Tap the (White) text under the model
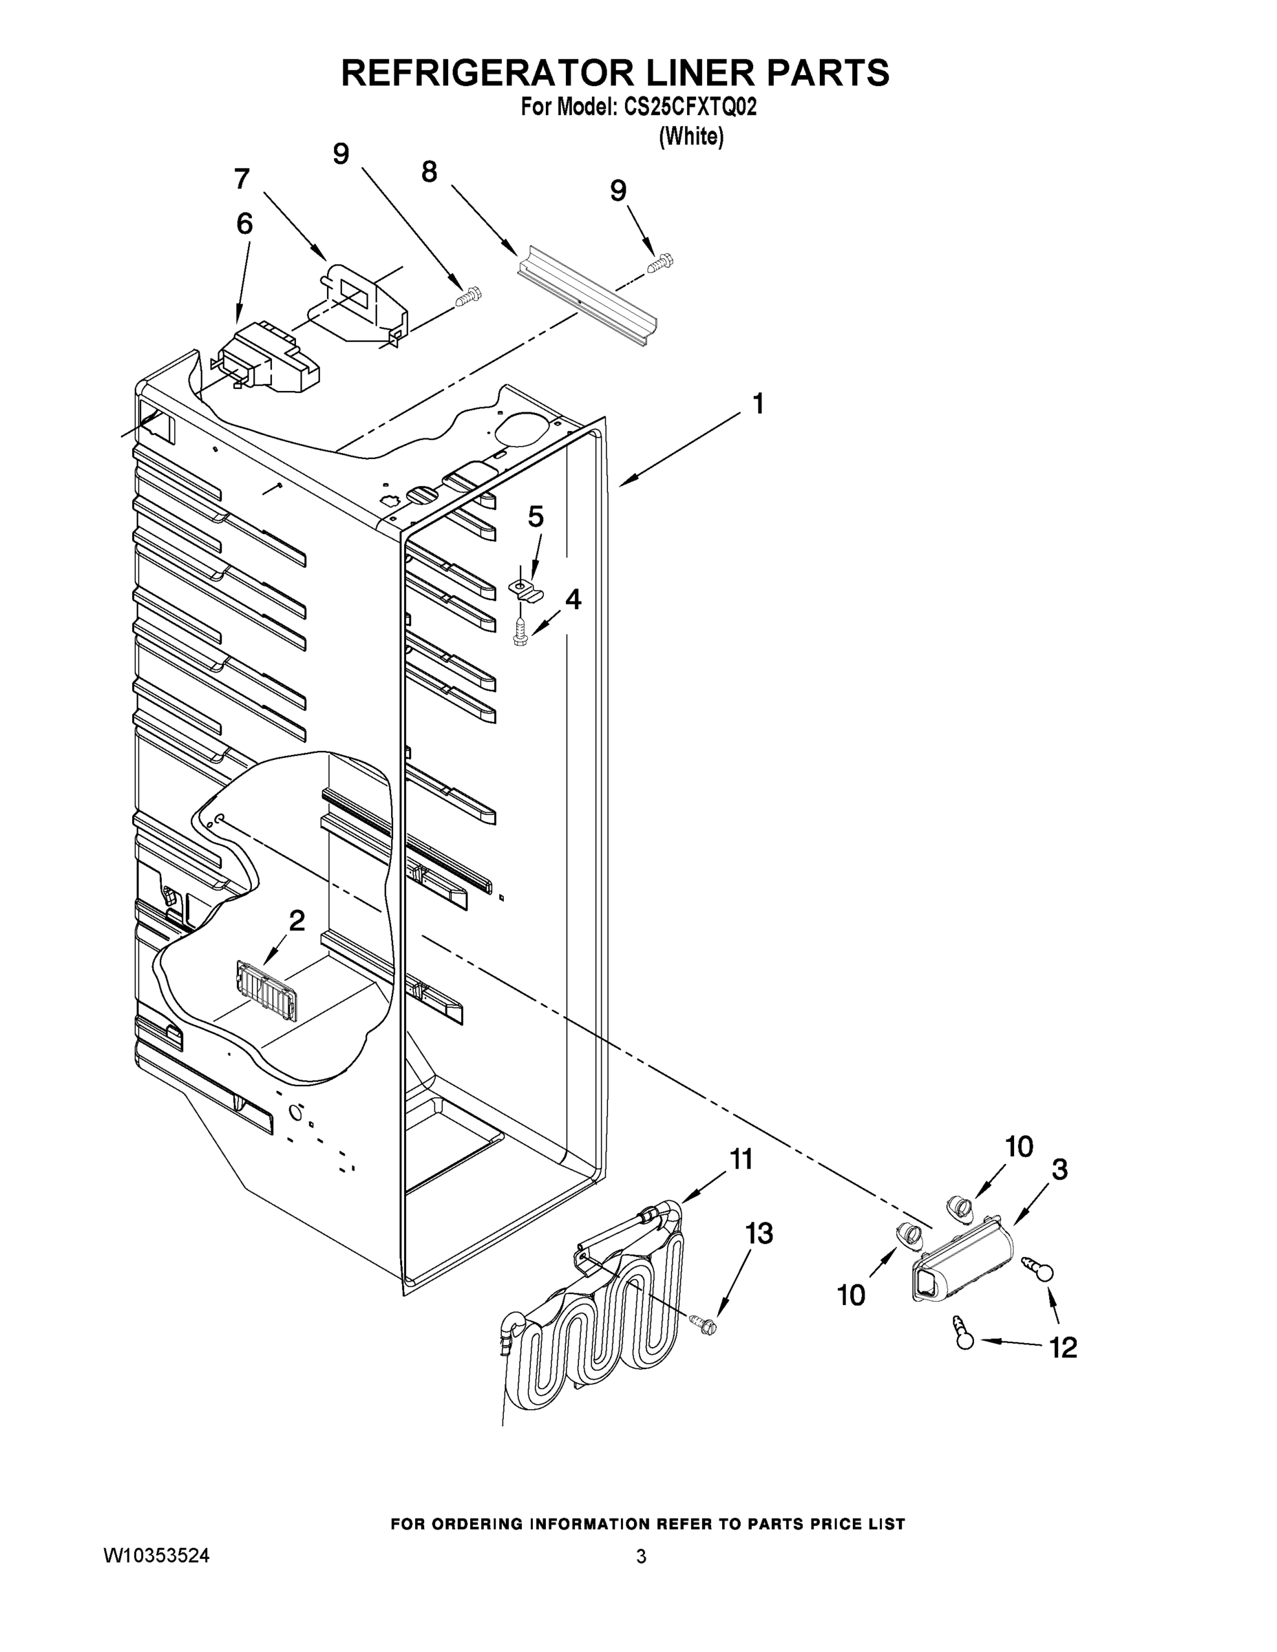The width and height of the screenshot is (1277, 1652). [691, 136]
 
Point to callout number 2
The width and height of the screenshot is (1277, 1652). [297, 920]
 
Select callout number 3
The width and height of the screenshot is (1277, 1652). [1060, 1169]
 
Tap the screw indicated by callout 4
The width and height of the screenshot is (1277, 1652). [520, 633]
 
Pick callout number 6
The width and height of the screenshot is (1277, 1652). [244, 224]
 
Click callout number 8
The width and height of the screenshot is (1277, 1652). [429, 173]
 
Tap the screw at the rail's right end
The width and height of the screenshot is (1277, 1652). [660, 262]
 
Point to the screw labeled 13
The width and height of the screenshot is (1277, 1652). [704, 1323]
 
